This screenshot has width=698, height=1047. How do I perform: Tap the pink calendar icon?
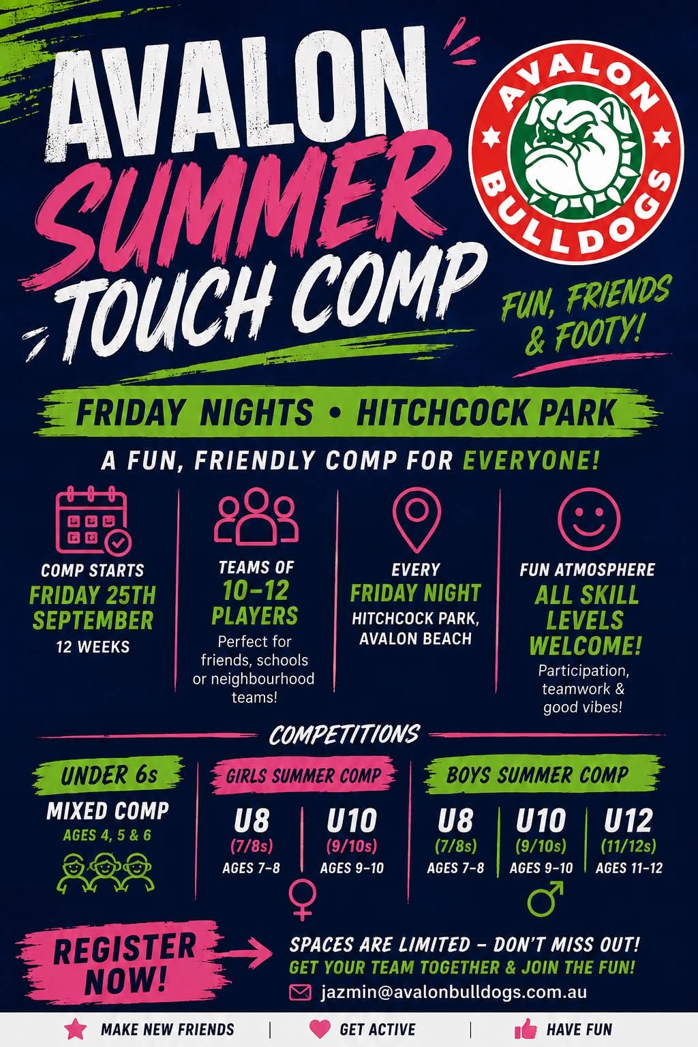tap(93, 520)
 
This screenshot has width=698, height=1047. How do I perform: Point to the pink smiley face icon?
tap(589, 519)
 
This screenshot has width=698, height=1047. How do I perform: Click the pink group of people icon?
tap(256, 517)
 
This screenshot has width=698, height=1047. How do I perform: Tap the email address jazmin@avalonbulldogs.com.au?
tap(453, 992)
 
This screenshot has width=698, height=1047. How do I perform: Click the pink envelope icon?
tap(300, 992)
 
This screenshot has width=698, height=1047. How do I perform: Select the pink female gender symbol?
tap(303, 899)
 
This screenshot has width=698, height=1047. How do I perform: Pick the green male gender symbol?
tap(545, 898)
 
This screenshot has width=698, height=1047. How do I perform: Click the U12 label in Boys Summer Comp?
tap(628, 820)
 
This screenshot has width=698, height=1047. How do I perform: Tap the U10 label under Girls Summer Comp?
tap(352, 820)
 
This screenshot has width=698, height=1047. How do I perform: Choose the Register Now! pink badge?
tap(123, 963)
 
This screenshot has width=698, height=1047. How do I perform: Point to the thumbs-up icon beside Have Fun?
tap(525, 1029)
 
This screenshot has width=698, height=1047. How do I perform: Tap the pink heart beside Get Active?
tap(320, 1029)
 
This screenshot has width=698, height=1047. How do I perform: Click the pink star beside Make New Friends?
tap(76, 1029)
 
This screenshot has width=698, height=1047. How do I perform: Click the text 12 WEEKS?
tap(93, 647)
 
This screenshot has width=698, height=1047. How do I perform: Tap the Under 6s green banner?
tap(108, 776)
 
